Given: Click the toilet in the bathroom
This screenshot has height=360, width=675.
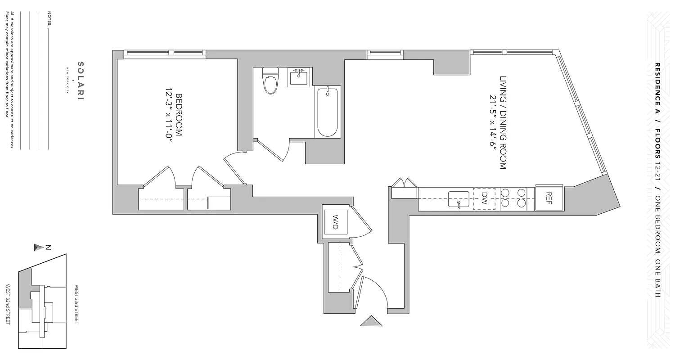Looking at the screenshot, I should tap(270, 81).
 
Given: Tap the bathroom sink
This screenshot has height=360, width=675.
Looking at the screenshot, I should tap(298, 78).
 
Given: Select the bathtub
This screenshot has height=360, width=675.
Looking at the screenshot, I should tap(328, 111).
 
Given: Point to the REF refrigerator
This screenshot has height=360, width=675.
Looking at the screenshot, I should tap(549, 198).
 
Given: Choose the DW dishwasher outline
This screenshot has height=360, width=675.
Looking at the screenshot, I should tap(484, 198).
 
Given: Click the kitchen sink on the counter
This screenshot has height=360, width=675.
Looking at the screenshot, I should tap(459, 198).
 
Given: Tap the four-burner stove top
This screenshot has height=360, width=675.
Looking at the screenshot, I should tap(513, 198).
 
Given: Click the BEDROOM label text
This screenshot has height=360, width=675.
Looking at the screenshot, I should tap(179, 115).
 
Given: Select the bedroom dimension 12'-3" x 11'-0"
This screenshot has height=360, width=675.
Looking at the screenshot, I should tap(169, 115).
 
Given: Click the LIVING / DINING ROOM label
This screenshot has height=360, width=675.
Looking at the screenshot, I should tap(503, 122).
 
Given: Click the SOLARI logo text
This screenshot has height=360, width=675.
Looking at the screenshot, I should tap(80, 81).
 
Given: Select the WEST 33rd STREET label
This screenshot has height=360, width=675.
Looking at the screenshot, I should tap(76, 304).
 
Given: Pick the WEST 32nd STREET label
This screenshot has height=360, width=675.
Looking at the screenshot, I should tap(8, 304).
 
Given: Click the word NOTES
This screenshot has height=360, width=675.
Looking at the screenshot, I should tap(49, 18).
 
